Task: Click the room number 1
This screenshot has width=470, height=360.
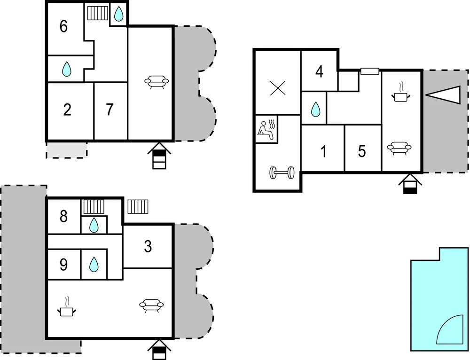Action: [323, 151]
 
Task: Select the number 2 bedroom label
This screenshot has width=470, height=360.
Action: [67, 110]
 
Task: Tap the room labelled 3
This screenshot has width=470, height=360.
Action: [148, 246]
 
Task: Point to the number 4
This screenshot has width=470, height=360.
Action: [320, 71]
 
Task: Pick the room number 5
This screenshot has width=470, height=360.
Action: [362, 151]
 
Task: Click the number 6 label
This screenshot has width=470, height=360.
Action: [63, 26]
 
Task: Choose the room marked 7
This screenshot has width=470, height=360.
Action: [110, 110]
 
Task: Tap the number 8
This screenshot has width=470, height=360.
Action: [63, 216]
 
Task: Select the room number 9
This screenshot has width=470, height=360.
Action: [63, 265]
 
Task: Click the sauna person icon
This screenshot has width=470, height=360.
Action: [266, 130]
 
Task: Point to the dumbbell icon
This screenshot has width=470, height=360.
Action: [282, 172]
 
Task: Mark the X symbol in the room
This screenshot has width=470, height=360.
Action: [278, 88]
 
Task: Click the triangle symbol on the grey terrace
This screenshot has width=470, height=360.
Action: [443, 95]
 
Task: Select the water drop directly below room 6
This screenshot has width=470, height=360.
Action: [67, 69]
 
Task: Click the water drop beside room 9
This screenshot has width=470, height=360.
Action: [94, 265]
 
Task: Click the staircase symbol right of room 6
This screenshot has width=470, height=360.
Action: [98, 13]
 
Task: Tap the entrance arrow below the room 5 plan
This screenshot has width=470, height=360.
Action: [410, 184]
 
